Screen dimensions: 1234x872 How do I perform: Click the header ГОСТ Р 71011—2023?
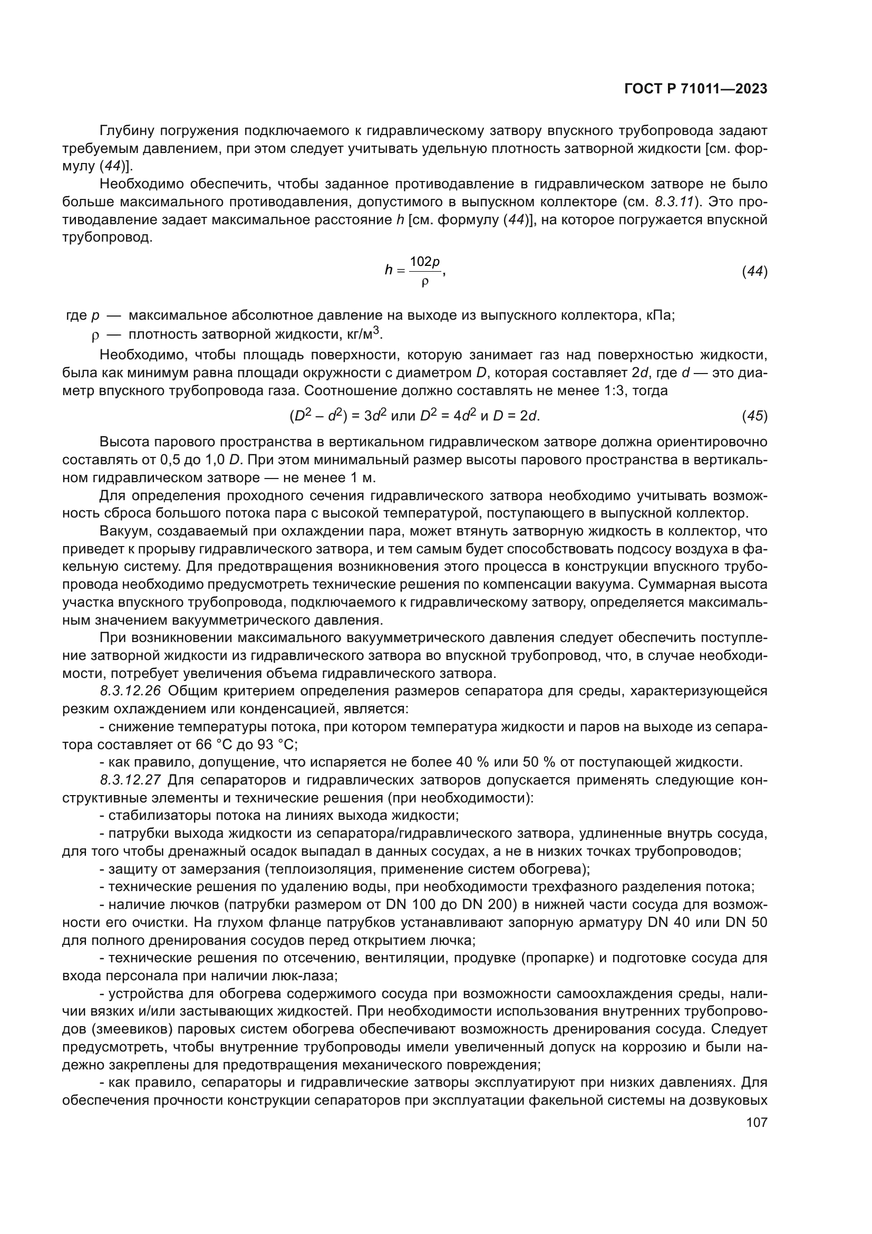point(696,89)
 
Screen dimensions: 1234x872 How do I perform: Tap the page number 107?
point(757,1122)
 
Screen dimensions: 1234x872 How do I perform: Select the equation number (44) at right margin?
point(754,272)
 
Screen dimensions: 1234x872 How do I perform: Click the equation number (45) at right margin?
point(754,415)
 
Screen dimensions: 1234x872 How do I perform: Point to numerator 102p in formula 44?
point(425,262)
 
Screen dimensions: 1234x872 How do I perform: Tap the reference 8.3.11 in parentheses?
point(675,202)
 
